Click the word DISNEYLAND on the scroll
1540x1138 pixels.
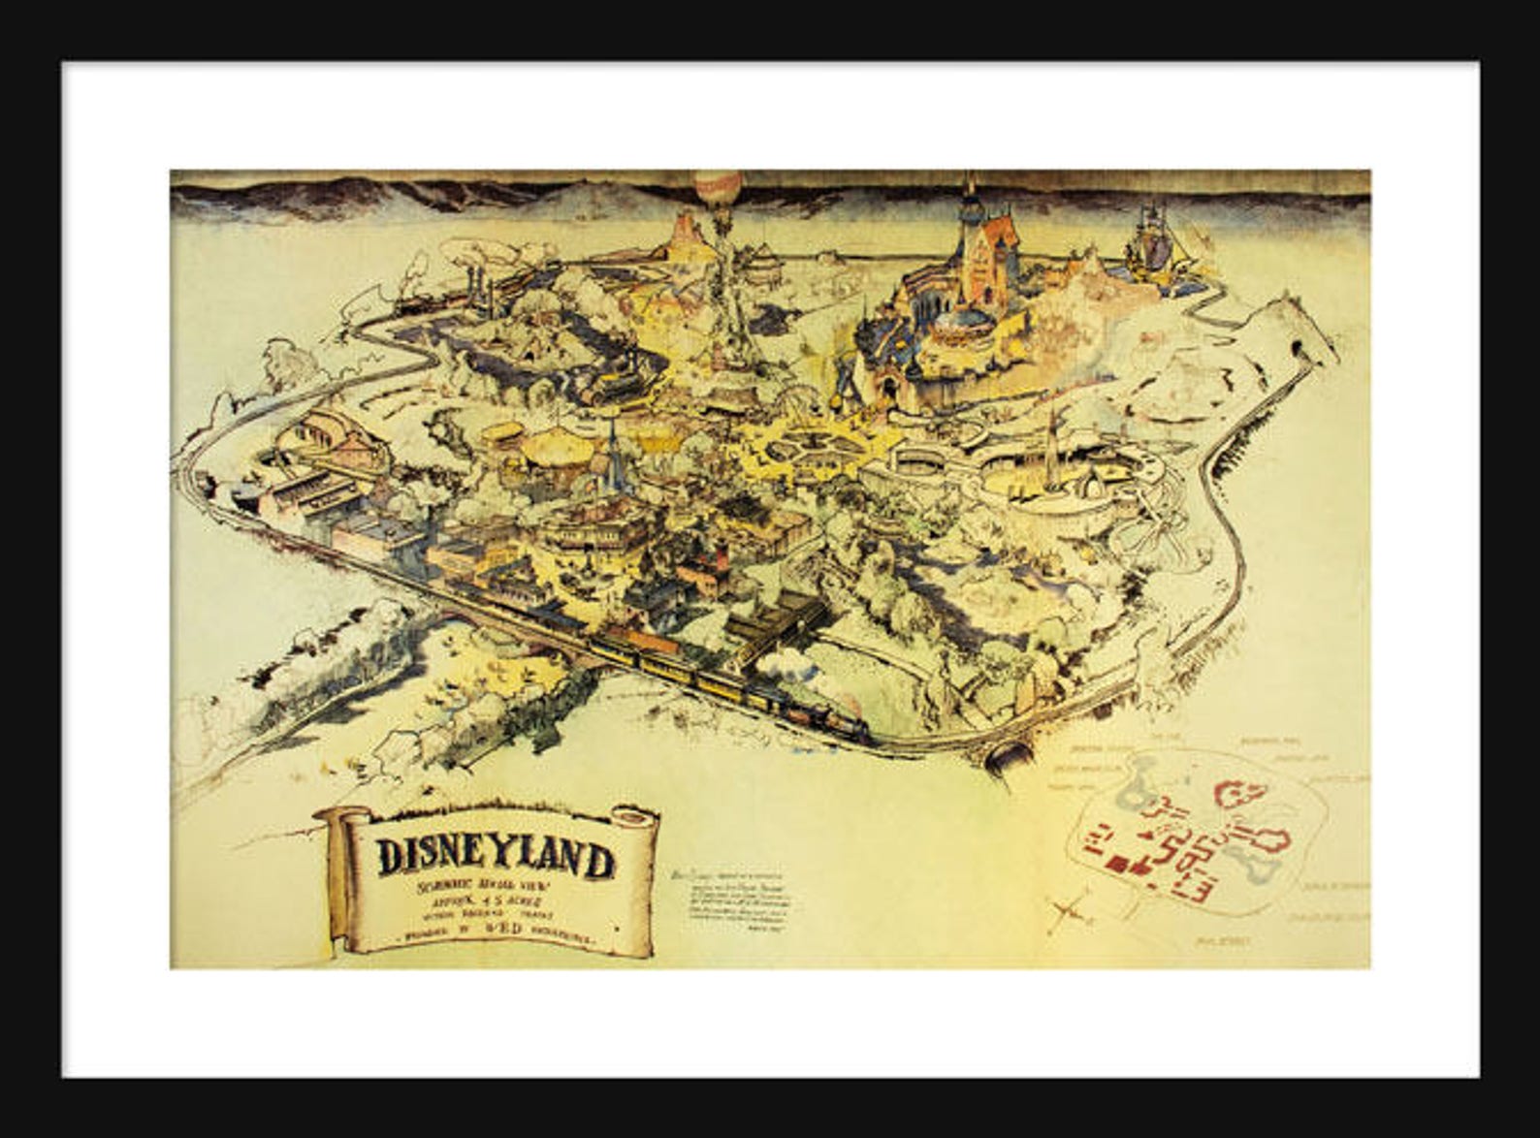click(x=496, y=858)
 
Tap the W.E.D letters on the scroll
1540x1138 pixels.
click(x=508, y=929)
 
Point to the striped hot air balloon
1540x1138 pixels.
click(x=718, y=187)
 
